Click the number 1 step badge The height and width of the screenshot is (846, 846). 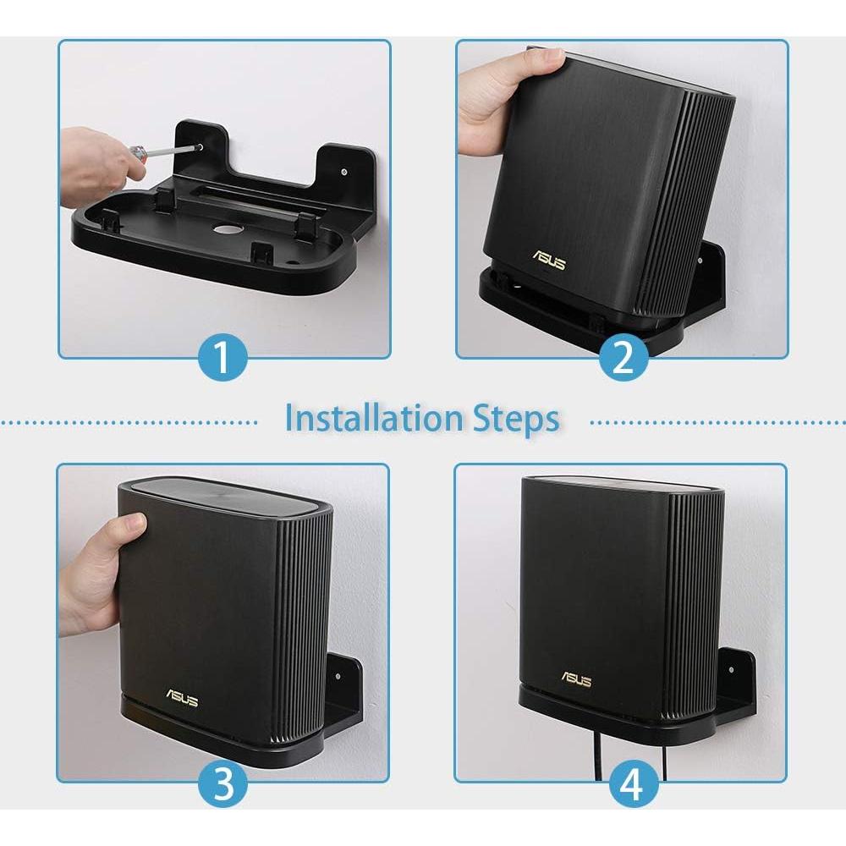click(x=222, y=357)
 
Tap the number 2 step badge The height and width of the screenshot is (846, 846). click(x=624, y=357)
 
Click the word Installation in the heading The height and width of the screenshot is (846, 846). click(x=373, y=419)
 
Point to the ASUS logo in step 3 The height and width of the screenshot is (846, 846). click(x=182, y=700)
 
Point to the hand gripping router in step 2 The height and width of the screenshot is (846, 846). click(x=499, y=97)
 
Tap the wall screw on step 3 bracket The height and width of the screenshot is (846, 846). click(x=338, y=677)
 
